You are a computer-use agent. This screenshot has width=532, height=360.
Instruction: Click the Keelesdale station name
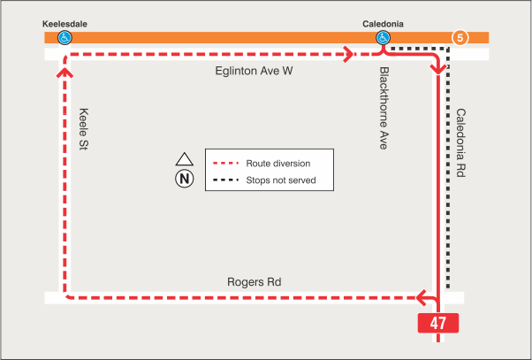coord(64,24)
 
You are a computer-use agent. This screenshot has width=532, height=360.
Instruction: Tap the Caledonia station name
coord(383,24)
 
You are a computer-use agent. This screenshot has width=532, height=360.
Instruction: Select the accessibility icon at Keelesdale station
coord(65,38)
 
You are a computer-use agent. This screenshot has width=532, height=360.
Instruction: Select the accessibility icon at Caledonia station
coord(383,38)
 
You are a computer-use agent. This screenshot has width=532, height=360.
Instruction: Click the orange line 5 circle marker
coord(460,38)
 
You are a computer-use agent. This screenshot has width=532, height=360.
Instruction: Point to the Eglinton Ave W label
coord(253,71)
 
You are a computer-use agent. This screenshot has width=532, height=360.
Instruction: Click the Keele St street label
coord(85,127)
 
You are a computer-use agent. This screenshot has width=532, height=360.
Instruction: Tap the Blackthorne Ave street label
coord(384,108)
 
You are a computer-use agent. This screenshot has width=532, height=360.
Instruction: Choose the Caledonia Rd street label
coord(460,144)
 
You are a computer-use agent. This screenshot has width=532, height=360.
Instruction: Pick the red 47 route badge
coord(438,323)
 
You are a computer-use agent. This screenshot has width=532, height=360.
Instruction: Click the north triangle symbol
coord(184,160)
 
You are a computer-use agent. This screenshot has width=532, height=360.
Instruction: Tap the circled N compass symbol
coord(184,179)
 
